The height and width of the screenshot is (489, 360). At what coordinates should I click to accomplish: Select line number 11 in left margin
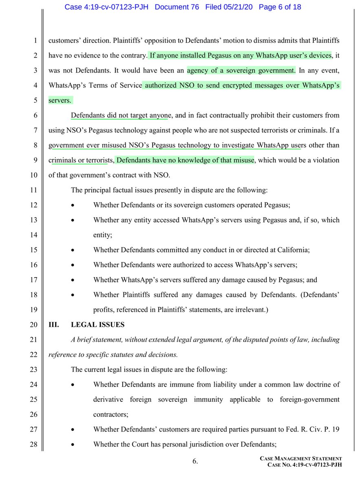[x=35, y=190]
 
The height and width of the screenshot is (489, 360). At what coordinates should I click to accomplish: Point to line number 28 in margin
[x=35, y=444]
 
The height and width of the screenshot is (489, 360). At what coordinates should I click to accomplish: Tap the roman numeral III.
[x=54, y=324]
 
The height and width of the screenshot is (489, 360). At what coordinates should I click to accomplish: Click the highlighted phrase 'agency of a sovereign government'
[x=241, y=70]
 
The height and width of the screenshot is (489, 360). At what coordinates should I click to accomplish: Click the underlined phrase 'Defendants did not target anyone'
[x=119, y=115]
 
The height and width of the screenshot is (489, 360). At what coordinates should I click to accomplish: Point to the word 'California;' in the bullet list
[x=281, y=249]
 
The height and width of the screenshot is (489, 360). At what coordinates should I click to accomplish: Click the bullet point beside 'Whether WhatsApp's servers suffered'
[x=72, y=280]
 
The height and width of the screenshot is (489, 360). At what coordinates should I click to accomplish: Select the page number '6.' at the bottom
[x=195, y=461]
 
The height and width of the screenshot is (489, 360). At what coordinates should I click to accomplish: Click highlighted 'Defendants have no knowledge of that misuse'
[x=185, y=160]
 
